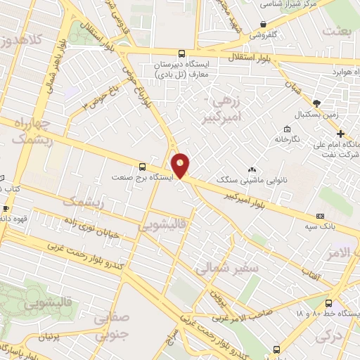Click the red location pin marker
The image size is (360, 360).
click(181, 165)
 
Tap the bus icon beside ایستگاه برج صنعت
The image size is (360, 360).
click(143, 167)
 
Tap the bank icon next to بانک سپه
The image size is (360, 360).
click(321, 216)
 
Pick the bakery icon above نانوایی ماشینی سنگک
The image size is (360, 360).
click(252, 169)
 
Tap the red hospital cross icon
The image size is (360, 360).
click(340, 134)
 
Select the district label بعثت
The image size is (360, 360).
click(337, 32)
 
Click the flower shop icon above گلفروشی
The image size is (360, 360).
click(263, 23)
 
